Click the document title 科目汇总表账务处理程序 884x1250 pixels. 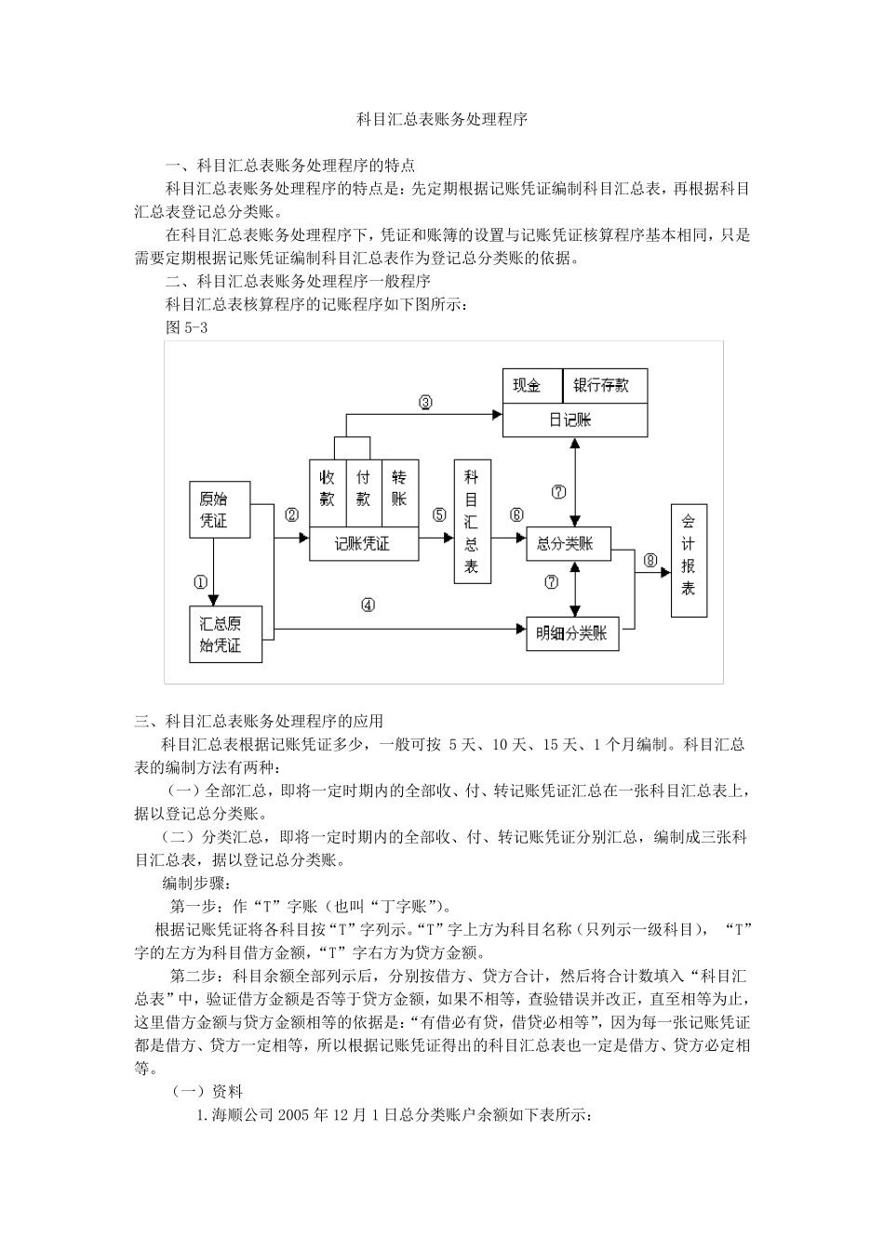(442, 120)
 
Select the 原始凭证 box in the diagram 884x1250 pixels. (220, 509)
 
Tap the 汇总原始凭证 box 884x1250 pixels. (225, 634)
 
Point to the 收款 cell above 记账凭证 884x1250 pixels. (328, 486)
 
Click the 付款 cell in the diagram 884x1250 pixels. (363, 486)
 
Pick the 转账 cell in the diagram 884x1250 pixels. (399, 486)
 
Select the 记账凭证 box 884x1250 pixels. (363, 544)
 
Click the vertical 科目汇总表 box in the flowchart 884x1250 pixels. (472, 521)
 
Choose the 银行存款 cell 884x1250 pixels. (605, 386)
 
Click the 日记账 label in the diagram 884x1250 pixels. (574, 419)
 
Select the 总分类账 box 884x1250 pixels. (568, 544)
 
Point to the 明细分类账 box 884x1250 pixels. (571, 633)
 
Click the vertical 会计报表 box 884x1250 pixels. (688, 560)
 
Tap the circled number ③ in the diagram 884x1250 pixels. (425, 403)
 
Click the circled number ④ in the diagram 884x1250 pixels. (368, 605)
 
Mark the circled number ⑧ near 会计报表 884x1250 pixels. (650, 560)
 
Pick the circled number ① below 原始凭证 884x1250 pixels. (200, 583)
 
